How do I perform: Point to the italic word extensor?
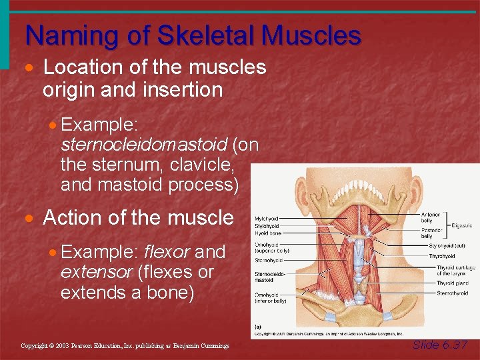click(92, 272)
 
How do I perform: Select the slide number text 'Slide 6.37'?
click(440, 345)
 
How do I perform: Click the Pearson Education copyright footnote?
click(125, 346)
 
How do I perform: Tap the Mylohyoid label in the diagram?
click(267, 217)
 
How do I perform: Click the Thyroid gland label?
click(452, 283)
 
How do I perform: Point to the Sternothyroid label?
click(453, 293)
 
